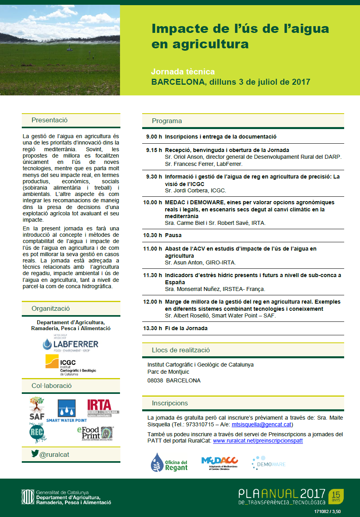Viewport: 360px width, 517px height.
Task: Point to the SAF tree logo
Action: click(37, 408)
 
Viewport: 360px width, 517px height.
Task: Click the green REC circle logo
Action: click(38, 433)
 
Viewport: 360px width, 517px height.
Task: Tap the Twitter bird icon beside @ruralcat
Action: click(35, 454)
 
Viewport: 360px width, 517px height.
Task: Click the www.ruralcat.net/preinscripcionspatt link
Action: click(258, 441)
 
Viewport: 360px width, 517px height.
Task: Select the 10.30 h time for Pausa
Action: click(152, 235)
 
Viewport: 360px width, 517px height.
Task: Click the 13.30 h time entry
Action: click(152, 328)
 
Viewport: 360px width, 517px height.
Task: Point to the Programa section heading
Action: click(167, 121)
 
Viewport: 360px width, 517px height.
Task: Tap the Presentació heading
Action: click(50, 120)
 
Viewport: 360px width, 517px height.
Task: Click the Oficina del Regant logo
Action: click(169, 462)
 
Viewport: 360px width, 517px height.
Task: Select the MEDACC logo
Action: click(219, 462)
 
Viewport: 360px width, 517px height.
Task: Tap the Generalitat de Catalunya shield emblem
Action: click(28, 497)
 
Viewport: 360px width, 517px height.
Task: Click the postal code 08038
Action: click(154, 380)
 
